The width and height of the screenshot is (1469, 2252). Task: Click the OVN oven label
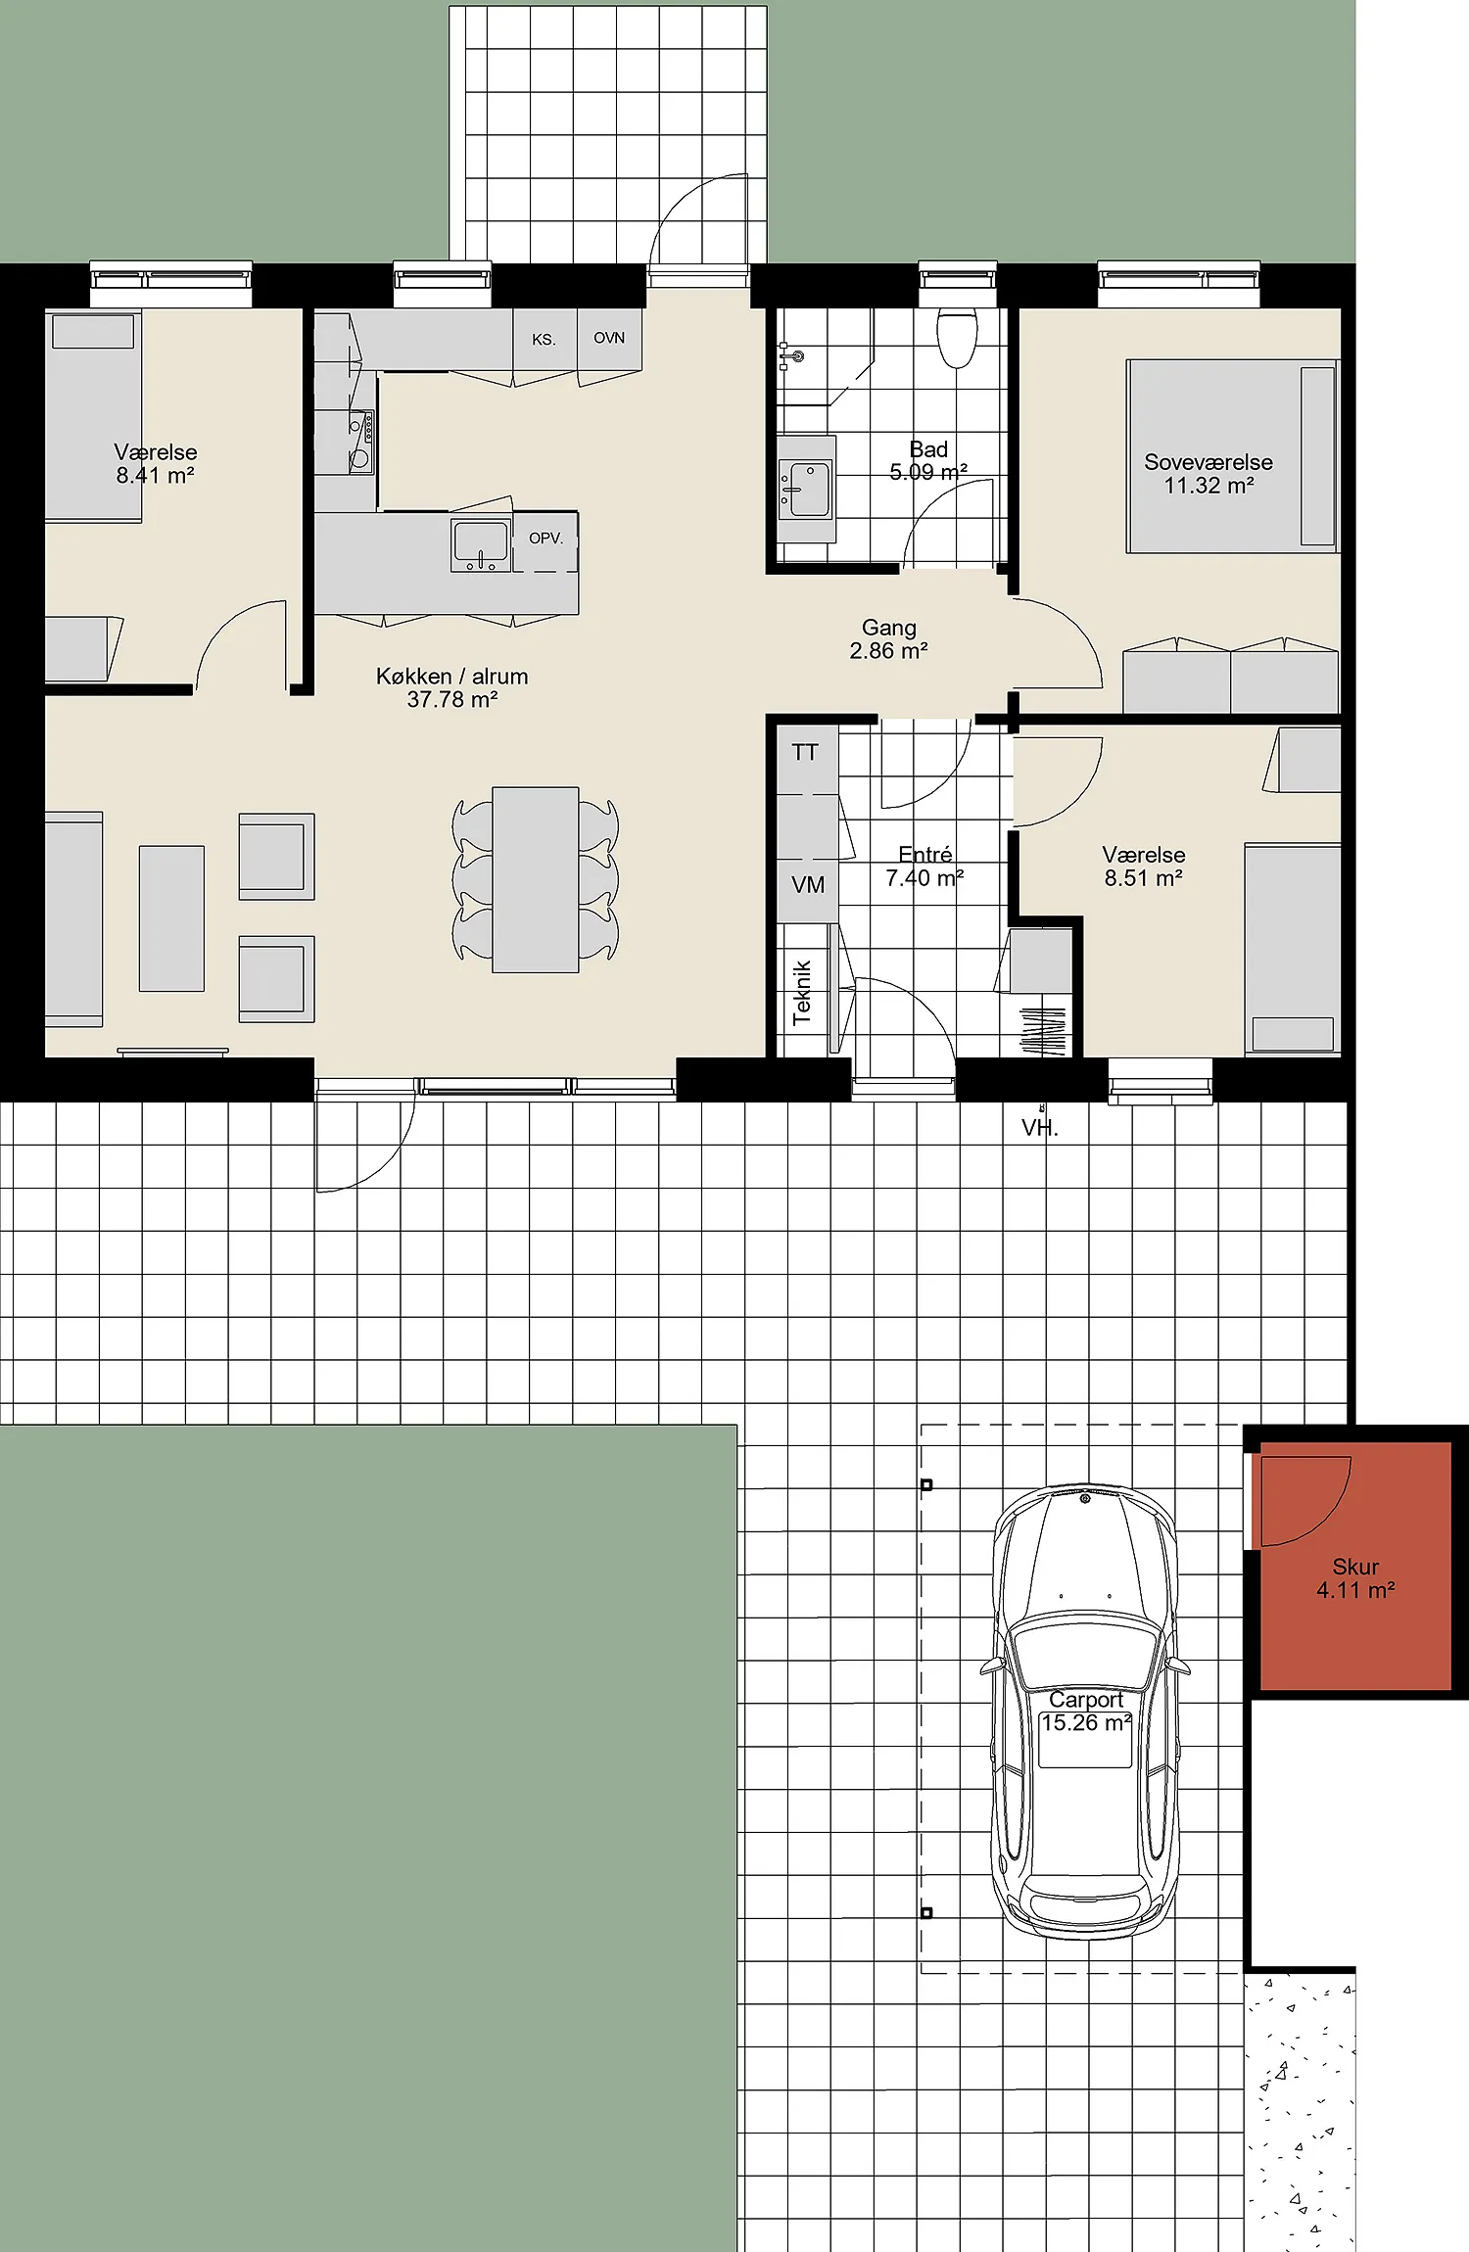coord(609,338)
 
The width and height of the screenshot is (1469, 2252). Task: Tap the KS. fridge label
coord(544,340)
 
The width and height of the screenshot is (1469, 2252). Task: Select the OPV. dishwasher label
coord(545,538)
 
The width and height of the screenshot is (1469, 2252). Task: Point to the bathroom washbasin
coord(806,489)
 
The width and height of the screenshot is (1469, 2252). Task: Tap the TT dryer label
coord(805,752)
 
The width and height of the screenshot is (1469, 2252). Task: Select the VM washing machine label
coord(808,885)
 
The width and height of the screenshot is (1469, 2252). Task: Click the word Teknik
coord(802,992)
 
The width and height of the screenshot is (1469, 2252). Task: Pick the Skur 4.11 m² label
coord(1355,1578)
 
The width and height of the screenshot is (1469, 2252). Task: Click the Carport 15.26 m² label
coord(1086,1712)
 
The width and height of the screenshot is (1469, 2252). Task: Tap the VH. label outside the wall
coord(1040,1128)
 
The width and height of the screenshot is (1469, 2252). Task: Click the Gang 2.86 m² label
coord(888,638)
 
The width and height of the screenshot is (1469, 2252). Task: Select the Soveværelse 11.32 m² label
coord(1208,474)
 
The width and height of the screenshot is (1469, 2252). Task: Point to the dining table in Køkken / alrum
coord(536,879)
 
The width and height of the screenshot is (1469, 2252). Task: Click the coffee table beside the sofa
coord(171,918)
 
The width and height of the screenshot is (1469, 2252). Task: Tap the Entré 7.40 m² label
coord(924,867)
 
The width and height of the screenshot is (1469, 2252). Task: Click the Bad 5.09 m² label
coord(928,460)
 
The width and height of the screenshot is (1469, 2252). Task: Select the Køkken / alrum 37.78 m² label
coord(452,687)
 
